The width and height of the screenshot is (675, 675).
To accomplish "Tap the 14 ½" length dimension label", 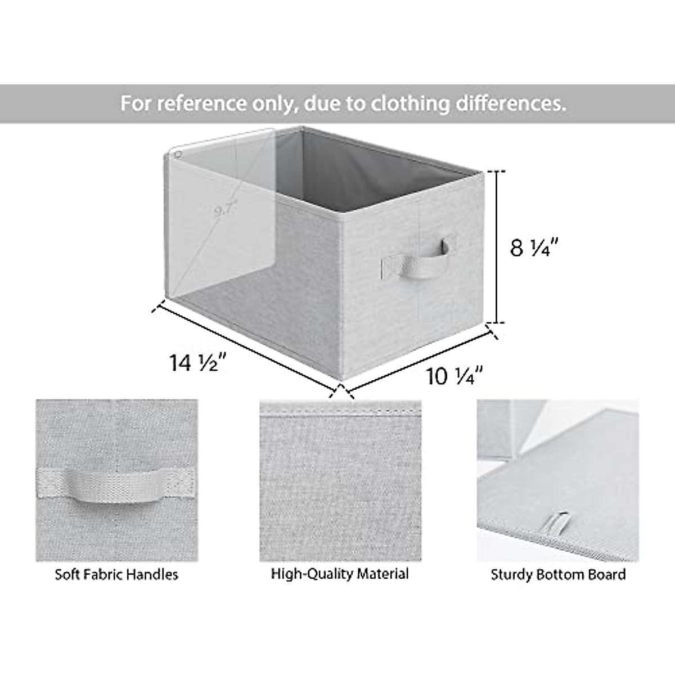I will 197,363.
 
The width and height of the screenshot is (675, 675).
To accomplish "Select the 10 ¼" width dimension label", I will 455,376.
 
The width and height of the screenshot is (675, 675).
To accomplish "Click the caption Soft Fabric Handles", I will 116,574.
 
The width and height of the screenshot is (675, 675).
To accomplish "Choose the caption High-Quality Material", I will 340,574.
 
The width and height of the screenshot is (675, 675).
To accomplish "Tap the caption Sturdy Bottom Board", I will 558,574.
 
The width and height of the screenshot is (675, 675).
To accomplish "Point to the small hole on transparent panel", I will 178,154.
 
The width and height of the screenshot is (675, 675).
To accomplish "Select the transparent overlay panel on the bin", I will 222,208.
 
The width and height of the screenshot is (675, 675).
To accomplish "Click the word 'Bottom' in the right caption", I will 563,574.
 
